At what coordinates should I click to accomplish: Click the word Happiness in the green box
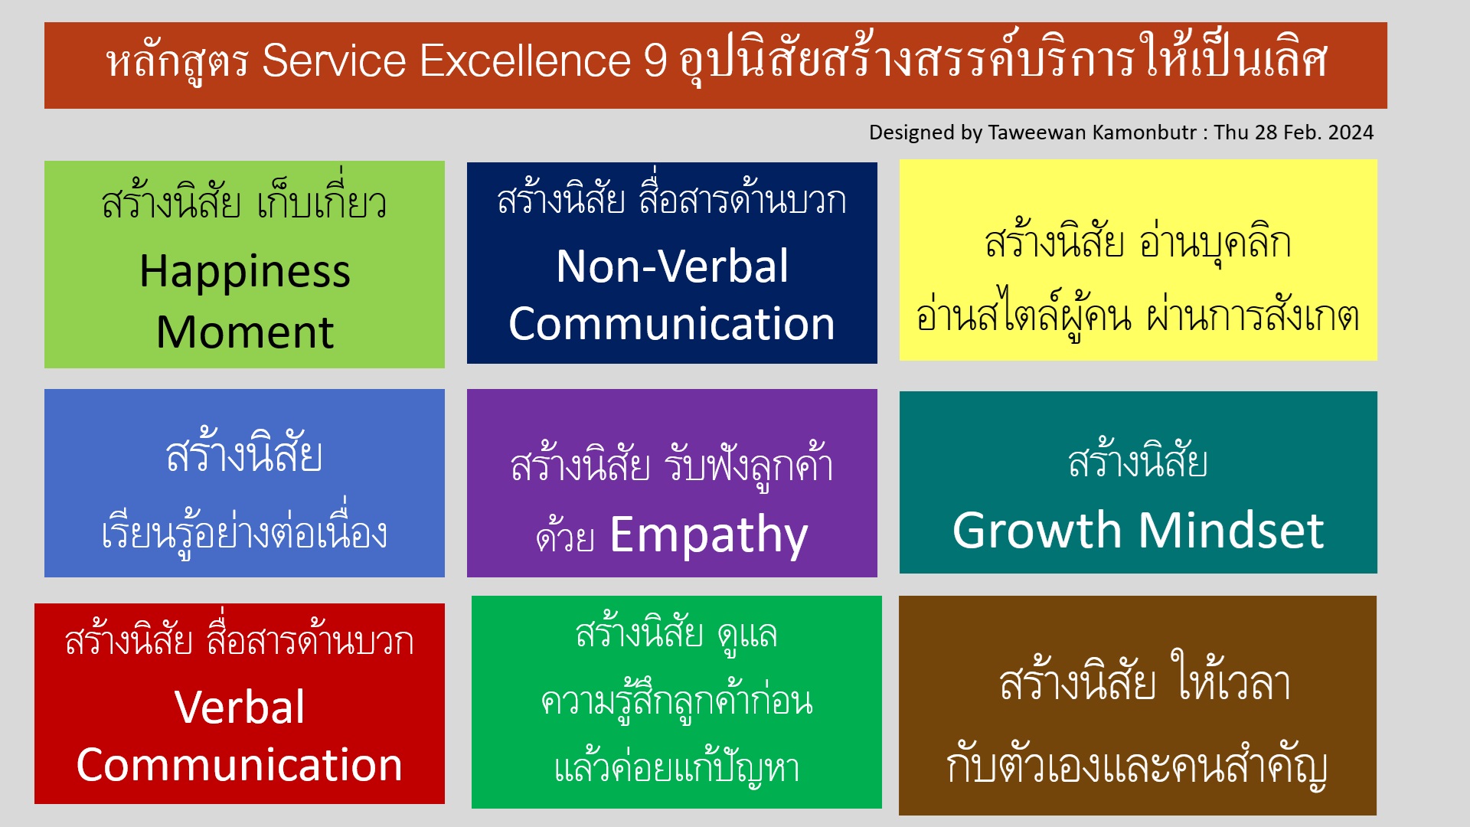tap(245, 272)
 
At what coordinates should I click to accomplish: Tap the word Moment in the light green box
tap(245, 332)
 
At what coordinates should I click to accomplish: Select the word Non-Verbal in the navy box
tap(672, 266)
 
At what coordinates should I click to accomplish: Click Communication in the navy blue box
tap(672, 323)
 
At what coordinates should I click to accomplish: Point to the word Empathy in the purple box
tap(709, 535)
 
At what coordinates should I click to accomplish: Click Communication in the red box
tap(240, 764)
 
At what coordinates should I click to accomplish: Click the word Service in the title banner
tap(334, 60)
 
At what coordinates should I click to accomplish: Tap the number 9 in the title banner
tap(655, 60)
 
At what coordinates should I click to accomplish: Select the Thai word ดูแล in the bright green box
tap(747, 634)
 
